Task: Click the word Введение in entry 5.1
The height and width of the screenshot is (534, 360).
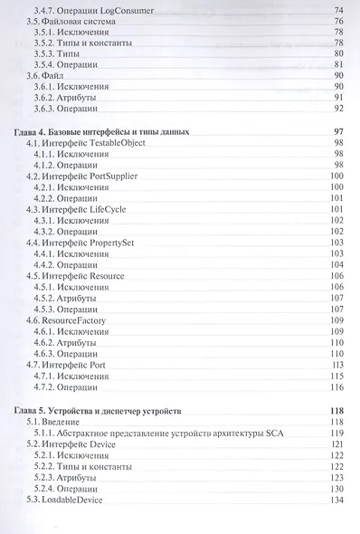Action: [62, 422]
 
